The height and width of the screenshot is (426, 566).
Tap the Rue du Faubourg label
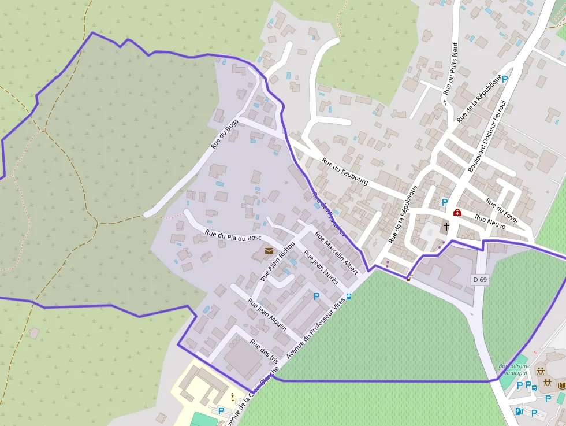[x=345, y=172]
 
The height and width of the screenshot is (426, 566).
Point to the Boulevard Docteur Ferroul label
[x=487, y=136]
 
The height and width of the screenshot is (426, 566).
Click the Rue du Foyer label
[x=502, y=211]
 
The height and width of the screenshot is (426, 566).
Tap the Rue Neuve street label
[x=490, y=222]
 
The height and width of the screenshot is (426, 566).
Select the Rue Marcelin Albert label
[x=337, y=253]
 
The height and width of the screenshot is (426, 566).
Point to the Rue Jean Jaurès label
[x=321, y=267]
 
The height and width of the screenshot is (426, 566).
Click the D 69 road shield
[x=480, y=280]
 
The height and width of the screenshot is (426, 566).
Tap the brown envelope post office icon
[x=269, y=250]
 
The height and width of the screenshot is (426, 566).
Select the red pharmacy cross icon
[x=457, y=213]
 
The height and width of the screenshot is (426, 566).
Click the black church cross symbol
[x=446, y=226]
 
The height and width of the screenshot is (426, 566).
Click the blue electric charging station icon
[x=519, y=411]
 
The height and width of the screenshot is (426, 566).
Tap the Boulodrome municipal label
[x=514, y=369]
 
